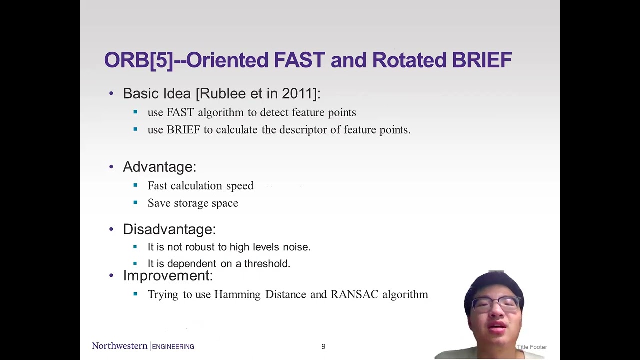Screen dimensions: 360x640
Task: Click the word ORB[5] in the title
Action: pos(138,60)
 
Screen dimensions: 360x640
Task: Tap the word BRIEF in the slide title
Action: pos(481,60)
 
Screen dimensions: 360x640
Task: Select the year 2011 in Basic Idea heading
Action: pos(298,94)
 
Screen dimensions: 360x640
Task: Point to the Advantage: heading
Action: pos(159,167)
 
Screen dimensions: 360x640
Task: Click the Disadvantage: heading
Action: pos(169,229)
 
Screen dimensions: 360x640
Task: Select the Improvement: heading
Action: pos(168,276)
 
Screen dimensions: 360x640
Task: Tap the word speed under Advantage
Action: pos(240,186)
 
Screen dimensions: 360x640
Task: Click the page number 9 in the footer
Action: pos(323,347)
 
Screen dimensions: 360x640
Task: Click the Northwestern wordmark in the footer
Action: pos(120,346)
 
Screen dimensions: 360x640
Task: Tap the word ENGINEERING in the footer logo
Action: pos(173,347)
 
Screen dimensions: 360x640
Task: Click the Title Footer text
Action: pos(532,347)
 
